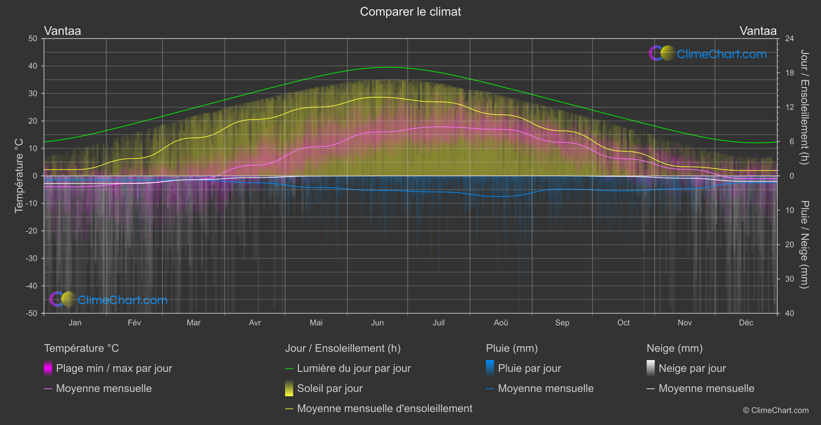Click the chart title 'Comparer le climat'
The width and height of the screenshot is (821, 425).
[x=410, y=12]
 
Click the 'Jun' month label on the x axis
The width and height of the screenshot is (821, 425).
[x=377, y=322]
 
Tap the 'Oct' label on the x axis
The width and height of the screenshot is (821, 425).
[x=623, y=322]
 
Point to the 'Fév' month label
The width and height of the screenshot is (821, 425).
[x=134, y=322]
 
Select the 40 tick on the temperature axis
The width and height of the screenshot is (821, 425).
[x=33, y=66]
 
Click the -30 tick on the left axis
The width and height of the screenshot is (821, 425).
[x=32, y=258]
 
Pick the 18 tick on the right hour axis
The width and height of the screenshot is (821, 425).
[x=790, y=73]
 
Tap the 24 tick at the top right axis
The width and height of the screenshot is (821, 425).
[x=790, y=39]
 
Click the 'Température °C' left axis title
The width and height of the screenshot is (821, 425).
[x=19, y=176]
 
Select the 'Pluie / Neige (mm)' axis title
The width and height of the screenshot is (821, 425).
[x=804, y=245]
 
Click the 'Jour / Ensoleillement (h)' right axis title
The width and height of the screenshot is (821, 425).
[x=804, y=107]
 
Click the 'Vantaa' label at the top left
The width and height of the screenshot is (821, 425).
[x=62, y=31]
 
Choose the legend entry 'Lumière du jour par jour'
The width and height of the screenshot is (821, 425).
[x=354, y=368]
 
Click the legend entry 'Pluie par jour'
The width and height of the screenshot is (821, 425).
[x=529, y=368]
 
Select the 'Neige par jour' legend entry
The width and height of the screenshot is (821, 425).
[x=692, y=368]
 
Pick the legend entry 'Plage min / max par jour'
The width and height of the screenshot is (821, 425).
[x=114, y=368]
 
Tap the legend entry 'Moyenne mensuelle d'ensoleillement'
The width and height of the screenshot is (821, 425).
[x=384, y=409]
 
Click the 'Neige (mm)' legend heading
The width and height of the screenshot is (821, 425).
[x=675, y=348]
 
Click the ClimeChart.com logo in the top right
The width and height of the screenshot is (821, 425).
[x=708, y=54]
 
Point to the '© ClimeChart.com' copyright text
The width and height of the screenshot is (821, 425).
[x=776, y=411]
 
